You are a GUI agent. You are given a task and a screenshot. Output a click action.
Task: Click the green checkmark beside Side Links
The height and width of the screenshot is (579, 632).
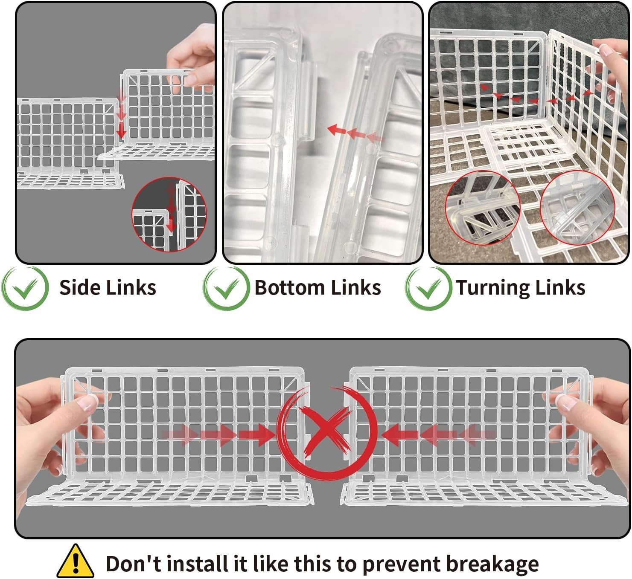[25, 288]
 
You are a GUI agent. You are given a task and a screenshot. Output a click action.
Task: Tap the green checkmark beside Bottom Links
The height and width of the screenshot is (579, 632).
[226, 288]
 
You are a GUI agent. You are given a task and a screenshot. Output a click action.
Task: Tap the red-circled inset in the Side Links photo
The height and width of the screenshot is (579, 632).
[169, 214]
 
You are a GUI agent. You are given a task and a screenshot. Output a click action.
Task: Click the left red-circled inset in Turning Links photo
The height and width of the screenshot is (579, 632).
[482, 208]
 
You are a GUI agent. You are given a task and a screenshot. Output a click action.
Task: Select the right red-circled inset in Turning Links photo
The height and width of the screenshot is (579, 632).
[577, 208]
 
